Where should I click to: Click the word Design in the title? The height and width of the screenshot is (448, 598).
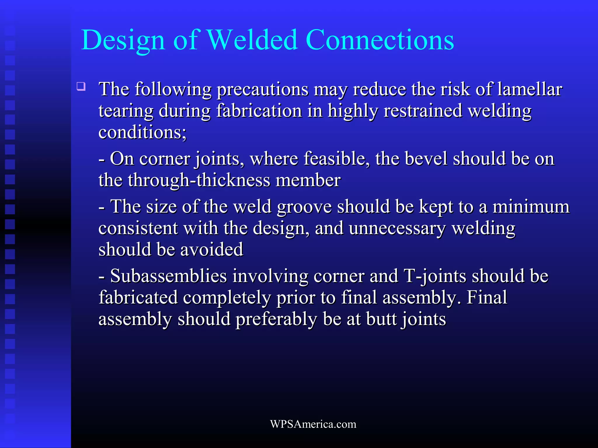pos(123,40)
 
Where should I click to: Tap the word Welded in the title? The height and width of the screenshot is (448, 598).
pos(252,40)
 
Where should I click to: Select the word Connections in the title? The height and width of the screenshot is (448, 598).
pos(380,40)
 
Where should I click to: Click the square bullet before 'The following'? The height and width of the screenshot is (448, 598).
pos(81,87)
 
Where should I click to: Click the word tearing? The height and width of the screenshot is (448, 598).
pos(126,111)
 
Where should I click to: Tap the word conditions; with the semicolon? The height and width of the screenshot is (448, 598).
pos(142,132)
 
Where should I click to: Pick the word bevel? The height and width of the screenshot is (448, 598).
pos(426,159)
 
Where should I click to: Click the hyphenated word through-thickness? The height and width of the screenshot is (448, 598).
pos(199,180)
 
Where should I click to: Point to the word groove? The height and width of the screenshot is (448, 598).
pos(304,207)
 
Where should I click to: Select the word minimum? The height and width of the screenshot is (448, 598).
pos(531,207)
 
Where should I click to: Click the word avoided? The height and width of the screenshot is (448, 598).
pos(212,250)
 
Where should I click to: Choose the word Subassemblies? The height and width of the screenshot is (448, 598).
pos(168,276)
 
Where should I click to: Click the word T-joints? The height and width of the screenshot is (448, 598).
pos(435,276)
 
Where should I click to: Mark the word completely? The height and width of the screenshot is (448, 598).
pos(227,298)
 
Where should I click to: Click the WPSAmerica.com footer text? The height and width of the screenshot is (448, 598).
pos(313,424)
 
